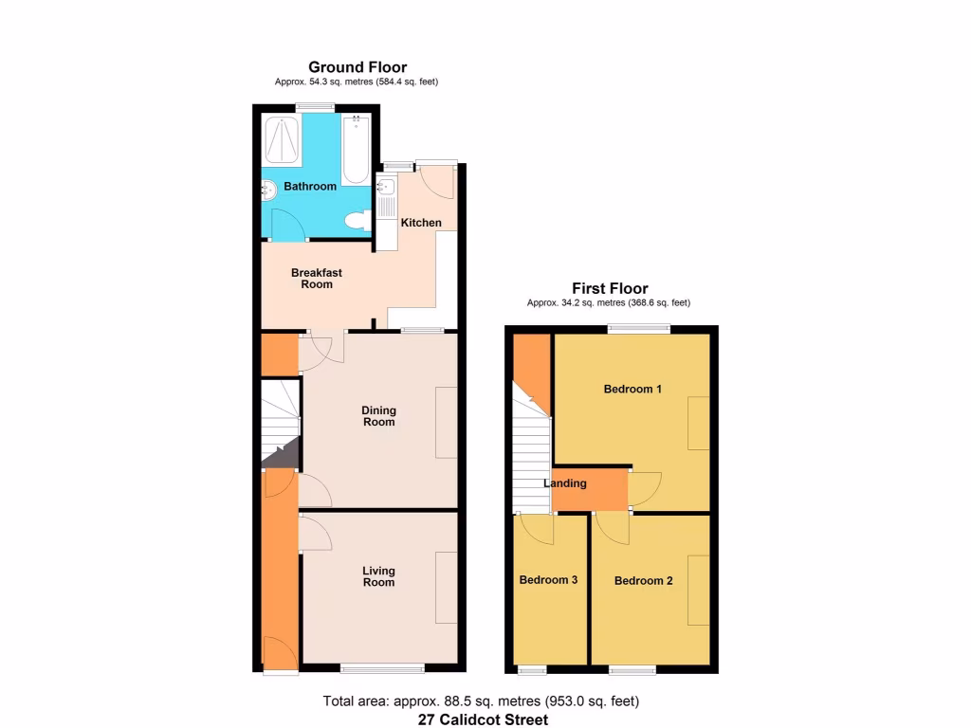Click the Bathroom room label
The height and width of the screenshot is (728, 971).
point(310,187)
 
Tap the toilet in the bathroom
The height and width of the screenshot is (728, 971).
point(357,222)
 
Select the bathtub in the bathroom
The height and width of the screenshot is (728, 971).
point(355,149)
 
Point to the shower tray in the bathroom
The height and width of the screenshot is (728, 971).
point(282,140)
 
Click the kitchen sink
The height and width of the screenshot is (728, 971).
point(386,187)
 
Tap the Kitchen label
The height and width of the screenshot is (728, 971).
point(421,223)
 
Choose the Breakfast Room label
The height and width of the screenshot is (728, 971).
point(316,279)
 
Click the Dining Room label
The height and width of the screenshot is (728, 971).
point(378,416)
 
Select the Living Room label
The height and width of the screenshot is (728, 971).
point(378,576)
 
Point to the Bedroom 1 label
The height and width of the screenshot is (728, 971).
point(632,389)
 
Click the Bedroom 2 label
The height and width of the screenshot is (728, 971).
point(643,580)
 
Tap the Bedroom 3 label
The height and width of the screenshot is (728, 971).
point(548,580)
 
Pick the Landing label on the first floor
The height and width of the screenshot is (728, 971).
point(565,483)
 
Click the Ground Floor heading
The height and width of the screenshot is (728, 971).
point(357,67)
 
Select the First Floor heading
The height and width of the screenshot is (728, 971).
point(609,288)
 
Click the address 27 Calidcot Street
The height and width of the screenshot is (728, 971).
point(484,719)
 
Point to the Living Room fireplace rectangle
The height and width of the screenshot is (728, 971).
point(447,587)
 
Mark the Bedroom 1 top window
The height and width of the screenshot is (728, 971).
point(638,329)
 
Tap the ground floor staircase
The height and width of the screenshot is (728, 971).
point(280,422)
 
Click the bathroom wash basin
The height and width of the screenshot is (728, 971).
point(267,189)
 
